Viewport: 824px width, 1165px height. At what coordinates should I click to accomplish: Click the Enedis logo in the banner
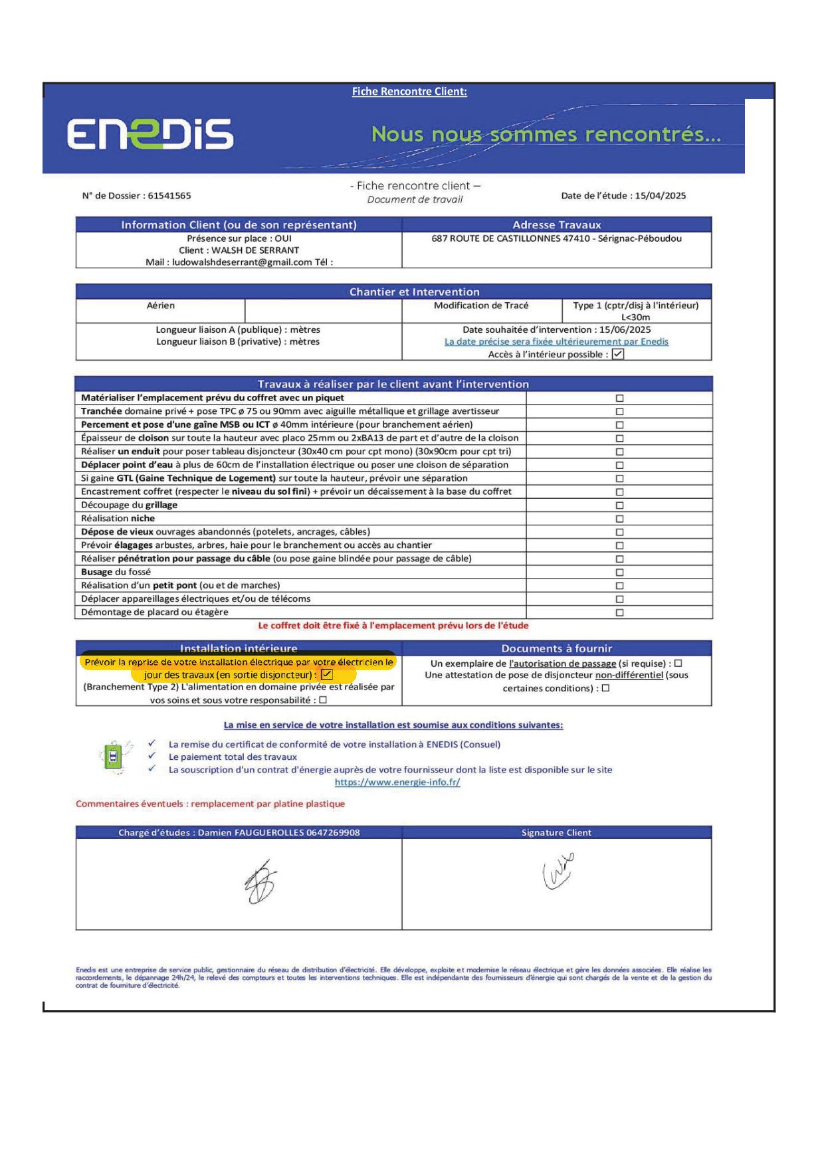pos(150,134)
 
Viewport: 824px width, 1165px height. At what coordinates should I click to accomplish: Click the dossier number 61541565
pos(169,196)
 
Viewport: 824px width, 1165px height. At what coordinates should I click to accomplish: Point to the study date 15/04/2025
pos(660,196)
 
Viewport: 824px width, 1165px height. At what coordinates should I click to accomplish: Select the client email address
pos(242,262)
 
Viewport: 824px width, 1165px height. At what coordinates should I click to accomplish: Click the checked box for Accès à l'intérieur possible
pos(618,354)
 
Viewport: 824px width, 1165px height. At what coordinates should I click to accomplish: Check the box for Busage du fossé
pos(619,573)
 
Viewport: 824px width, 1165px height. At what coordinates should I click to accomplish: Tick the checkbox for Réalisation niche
pos(619,519)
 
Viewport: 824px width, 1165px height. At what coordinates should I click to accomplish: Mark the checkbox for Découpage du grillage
pos(619,505)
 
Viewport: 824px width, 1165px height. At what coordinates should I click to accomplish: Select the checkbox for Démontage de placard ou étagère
pos(619,612)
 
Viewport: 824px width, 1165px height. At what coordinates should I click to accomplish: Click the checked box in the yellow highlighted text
pos(327,675)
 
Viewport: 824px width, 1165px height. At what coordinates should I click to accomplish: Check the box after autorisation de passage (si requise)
pos(678,664)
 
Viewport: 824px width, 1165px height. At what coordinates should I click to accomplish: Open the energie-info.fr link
pos(397,782)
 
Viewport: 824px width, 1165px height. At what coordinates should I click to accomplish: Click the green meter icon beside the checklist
pos(114,757)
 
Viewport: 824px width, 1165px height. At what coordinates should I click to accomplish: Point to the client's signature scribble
pos(558,871)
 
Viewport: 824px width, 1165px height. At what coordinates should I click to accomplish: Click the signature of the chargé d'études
pos(260,882)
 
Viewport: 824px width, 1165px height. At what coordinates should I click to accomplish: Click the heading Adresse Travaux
pos(556,225)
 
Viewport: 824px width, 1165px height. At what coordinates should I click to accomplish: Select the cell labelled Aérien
pos(161,306)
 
